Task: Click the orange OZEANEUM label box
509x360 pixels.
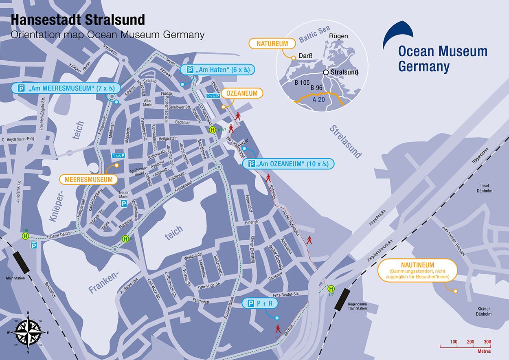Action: pyautogui.click(x=242, y=93)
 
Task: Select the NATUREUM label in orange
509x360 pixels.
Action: pyautogui.click(x=272, y=44)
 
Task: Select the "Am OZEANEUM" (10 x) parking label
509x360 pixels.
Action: pyautogui.click(x=288, y=164)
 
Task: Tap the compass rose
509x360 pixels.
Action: pyautogui.click(x=28, y=331)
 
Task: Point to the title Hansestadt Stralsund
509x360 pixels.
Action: pyautogui.click(x=77, y=20)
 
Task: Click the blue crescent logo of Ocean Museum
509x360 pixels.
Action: pyautogui.click(x=397, y=35)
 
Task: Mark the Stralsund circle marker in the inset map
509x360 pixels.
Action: pyautogui.click(x=326, y=72)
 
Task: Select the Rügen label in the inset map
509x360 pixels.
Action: pyautogui.click(x=338, y=36)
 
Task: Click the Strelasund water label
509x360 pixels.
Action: pyautogui.click(x=345, y=140)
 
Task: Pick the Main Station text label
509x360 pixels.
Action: pyautogui.click(x=15, y=278)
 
